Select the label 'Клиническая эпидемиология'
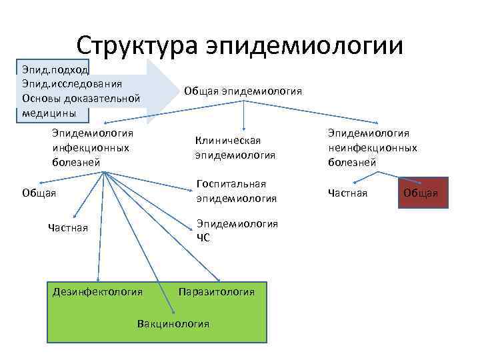coord(235,147)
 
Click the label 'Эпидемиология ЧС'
coord(237,229)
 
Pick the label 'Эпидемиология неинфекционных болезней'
coord(372,147)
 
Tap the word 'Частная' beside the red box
coord(347,193)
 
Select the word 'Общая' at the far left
coord(38,193)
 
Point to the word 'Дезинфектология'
coord(97,291)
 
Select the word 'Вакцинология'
coord(173,323)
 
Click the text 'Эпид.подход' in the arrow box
coord(51,69)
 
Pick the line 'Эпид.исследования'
coord(71,83)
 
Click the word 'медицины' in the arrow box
coord(48,113)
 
